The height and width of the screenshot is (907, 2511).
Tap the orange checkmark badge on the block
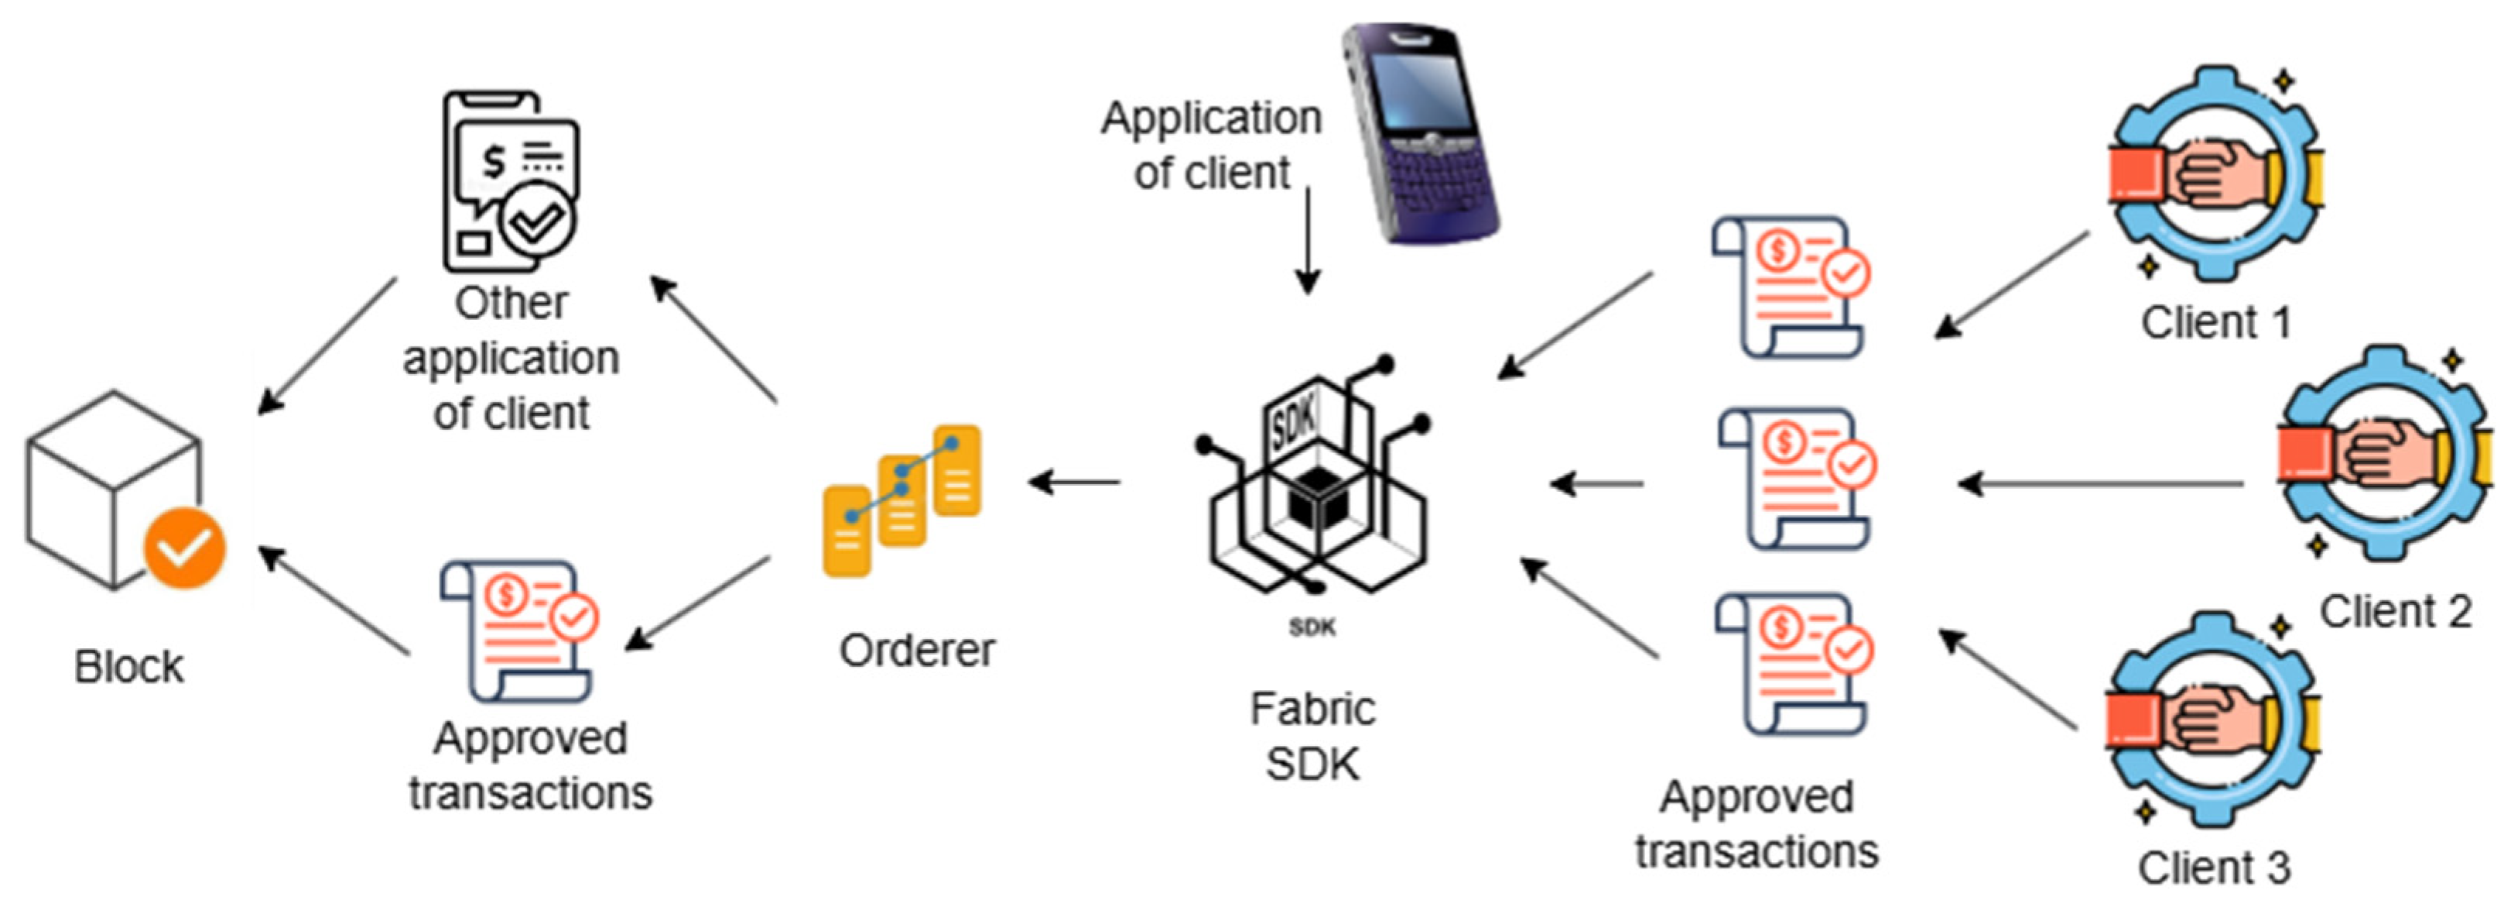point(185,548)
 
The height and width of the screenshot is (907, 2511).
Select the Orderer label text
point(916,651)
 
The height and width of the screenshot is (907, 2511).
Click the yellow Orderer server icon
point(901,500)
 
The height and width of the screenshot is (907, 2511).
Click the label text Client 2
point(2395,613)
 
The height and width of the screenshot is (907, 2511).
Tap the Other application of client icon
point(510,181)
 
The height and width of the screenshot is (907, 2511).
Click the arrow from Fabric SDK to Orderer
point(1075,481)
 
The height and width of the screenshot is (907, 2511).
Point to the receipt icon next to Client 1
point(1791,287)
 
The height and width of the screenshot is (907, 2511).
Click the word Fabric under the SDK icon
point(1312,709)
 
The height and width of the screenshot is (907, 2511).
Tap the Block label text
point(128,667)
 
